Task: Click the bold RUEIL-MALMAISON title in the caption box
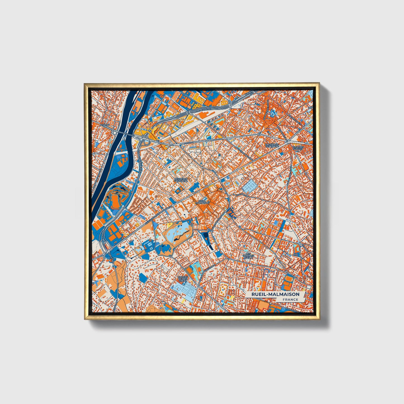tap(275, 294)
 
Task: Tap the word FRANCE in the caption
tap(290, 299)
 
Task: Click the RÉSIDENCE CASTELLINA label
tap(181, 180)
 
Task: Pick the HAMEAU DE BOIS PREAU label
tap(182, 278)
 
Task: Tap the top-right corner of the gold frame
tap(319, 83)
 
